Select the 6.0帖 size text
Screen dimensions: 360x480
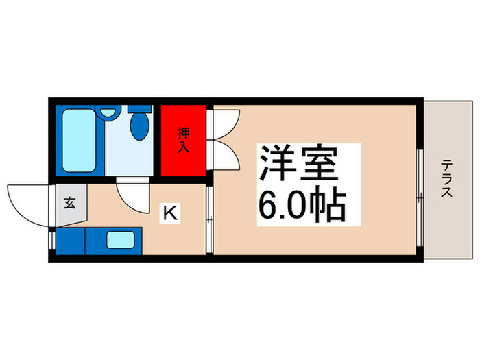(302, 204)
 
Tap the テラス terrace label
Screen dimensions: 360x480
(446, 179)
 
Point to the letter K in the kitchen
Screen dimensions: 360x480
(169, 213)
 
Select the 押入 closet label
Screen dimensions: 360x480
(183, 140)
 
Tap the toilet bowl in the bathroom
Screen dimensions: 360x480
(141, 127)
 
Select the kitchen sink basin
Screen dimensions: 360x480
(122, 240)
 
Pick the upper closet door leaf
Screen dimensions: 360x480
(225, 123)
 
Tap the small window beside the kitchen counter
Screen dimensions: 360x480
(51, 240)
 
